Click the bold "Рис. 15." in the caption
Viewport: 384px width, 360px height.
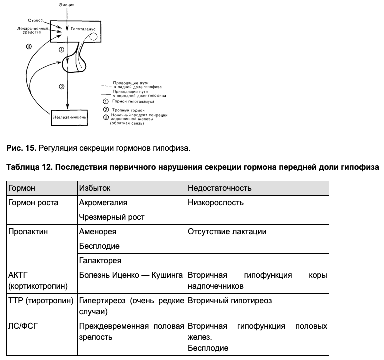pyautogui.click(x=21, y=148)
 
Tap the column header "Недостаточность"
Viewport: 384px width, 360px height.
pyautogui.click(x=220, y=188)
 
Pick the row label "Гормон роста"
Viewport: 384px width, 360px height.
pyautogui.click(x=33, y=203)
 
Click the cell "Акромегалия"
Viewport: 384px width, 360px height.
pyautogui.click(x=103, y=203)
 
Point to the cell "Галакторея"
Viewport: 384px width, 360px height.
pyautogui.click(x=100, y=261)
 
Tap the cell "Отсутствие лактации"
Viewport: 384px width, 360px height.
pyautogui.click(x=227, y=232)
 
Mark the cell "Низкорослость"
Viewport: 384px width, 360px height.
pyautogui.click(x=216, y=203)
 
